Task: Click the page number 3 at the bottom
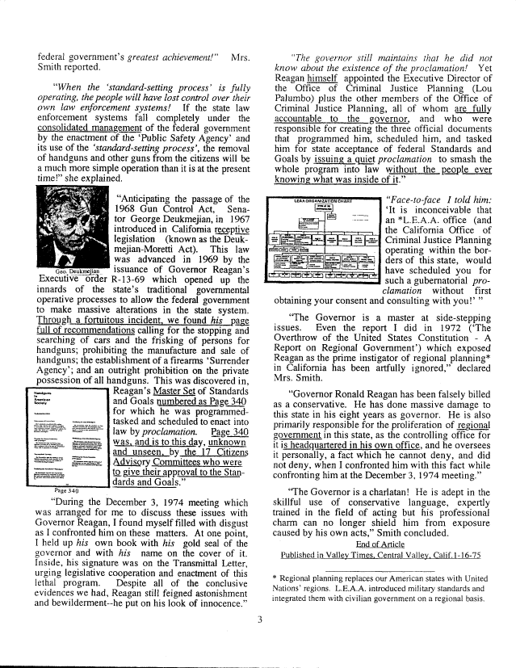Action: [259, 620]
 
